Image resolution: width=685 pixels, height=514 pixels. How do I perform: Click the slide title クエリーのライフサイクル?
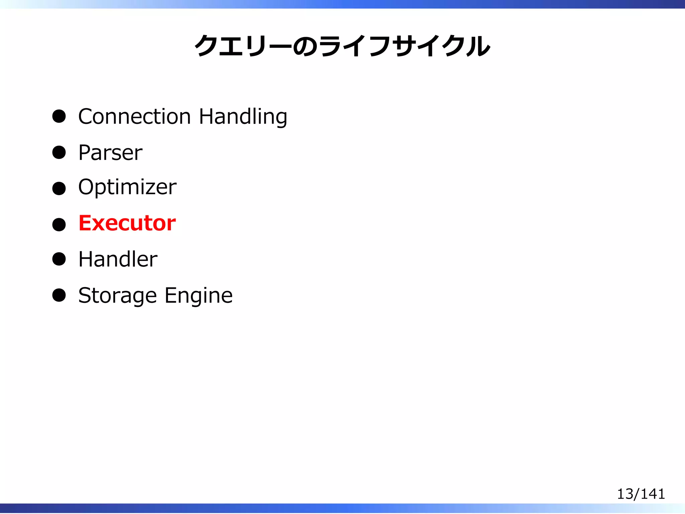[342, 46]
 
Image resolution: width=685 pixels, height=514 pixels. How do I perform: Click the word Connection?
[134, 116]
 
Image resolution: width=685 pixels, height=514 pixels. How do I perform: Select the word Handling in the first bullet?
[243, 117]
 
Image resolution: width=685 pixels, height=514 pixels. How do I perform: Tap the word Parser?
[110, 153]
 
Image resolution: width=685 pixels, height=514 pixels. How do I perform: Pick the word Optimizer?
[127, 187]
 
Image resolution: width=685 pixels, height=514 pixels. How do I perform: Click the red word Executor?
[127, 223]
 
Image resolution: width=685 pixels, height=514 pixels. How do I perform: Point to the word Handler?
[118, 259]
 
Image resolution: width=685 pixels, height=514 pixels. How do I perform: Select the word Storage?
[117, 296]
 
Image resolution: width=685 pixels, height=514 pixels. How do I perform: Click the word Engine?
[199, 296]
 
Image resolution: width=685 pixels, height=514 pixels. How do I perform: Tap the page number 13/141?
[641, 494]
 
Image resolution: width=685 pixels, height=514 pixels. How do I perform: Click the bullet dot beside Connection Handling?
[59, 116]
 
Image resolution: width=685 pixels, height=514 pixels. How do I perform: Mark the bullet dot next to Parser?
[59, 153]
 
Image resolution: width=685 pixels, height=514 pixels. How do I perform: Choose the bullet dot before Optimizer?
[59, 188]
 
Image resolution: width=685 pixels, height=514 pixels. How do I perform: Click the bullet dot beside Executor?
[59, 224]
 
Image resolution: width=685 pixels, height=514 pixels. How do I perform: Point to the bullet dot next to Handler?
[59, 259]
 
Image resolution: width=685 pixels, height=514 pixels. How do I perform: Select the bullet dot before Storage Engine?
[59, 295]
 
